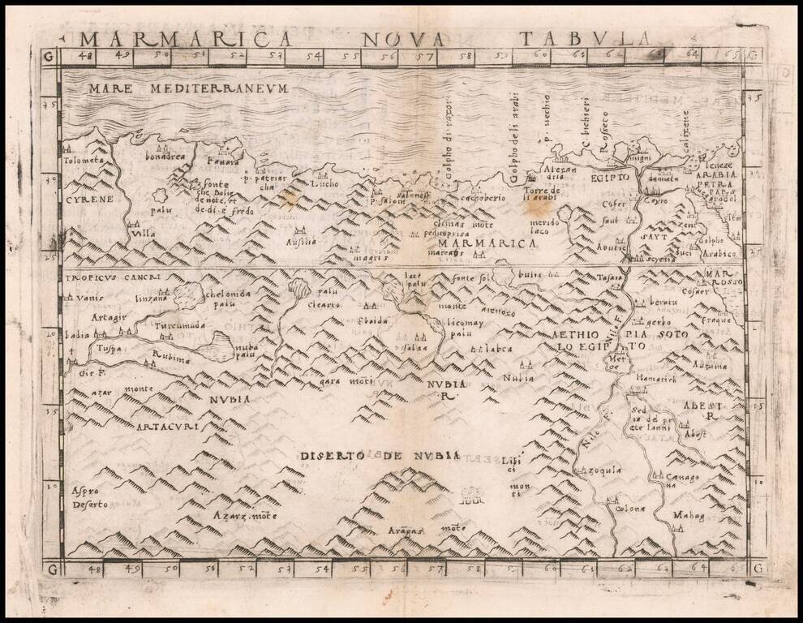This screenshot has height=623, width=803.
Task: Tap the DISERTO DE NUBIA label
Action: pyautogui.click(x=380, y=456)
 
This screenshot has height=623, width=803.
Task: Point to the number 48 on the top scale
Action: pyautogui.click(x=84, y=56)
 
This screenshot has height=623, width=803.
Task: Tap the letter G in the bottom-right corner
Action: pyautogui.click(x=758, y=569)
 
